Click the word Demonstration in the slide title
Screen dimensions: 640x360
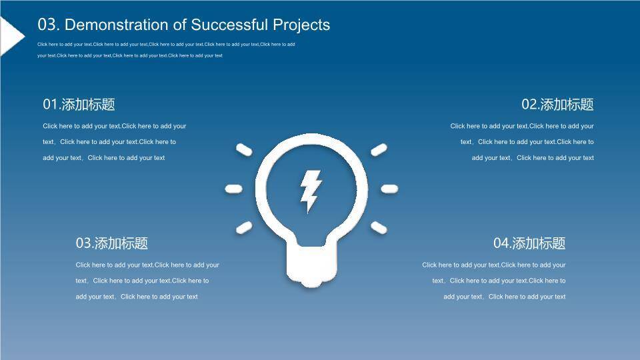[116, 25]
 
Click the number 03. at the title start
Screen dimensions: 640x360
[49, 25]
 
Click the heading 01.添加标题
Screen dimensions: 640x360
[79, 105]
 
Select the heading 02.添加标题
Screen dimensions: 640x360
[557, 105]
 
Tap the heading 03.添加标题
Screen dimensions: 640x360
[111, 243]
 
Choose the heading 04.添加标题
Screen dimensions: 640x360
[529, 243]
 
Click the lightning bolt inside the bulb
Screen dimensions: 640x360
[311, 190]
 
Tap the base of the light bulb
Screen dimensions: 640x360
[312, 265]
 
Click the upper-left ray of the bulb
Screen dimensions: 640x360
[244, 149]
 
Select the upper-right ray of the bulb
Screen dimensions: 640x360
[379, 149]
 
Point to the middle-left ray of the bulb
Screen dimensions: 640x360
[233, 189]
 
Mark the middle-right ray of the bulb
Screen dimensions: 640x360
[389, 189]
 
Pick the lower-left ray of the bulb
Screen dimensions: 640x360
[244, 228]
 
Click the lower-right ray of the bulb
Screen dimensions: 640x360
[379, 228]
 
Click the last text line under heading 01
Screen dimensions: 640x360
[104, 158]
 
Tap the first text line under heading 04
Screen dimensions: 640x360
[494, 265]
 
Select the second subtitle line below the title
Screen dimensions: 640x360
[130, 55]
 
